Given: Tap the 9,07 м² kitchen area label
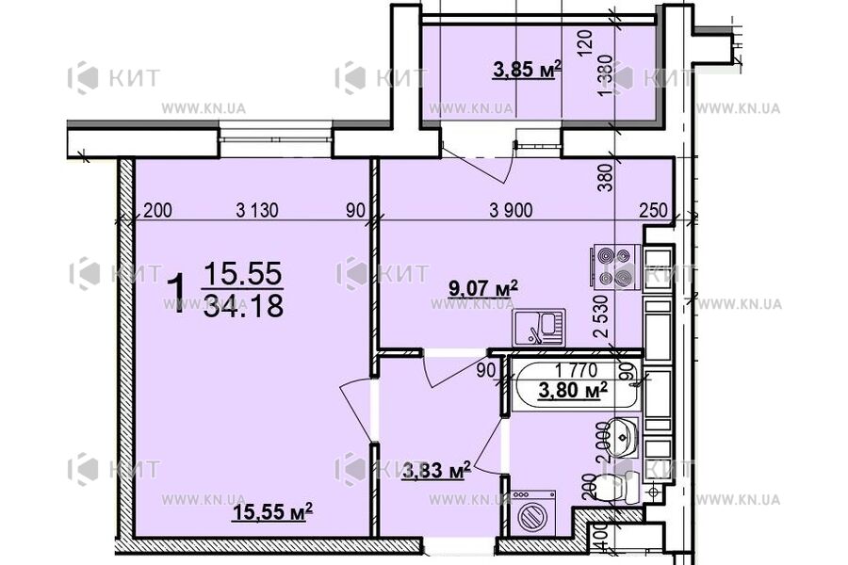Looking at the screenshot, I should click(x=486, y=288).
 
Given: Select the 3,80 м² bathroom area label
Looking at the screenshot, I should click(x=571, y=391).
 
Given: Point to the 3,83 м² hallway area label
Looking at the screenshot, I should click(x=436, y=471).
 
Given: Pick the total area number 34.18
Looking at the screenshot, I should click(x=243, y=306).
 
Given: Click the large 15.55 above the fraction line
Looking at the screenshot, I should click(x=243, y=274).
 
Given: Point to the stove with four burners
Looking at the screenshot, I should click(x=615, y=266).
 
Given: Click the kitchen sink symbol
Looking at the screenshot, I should click(x=538, y=328).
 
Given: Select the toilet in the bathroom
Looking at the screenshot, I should click(x=617, y=489).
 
